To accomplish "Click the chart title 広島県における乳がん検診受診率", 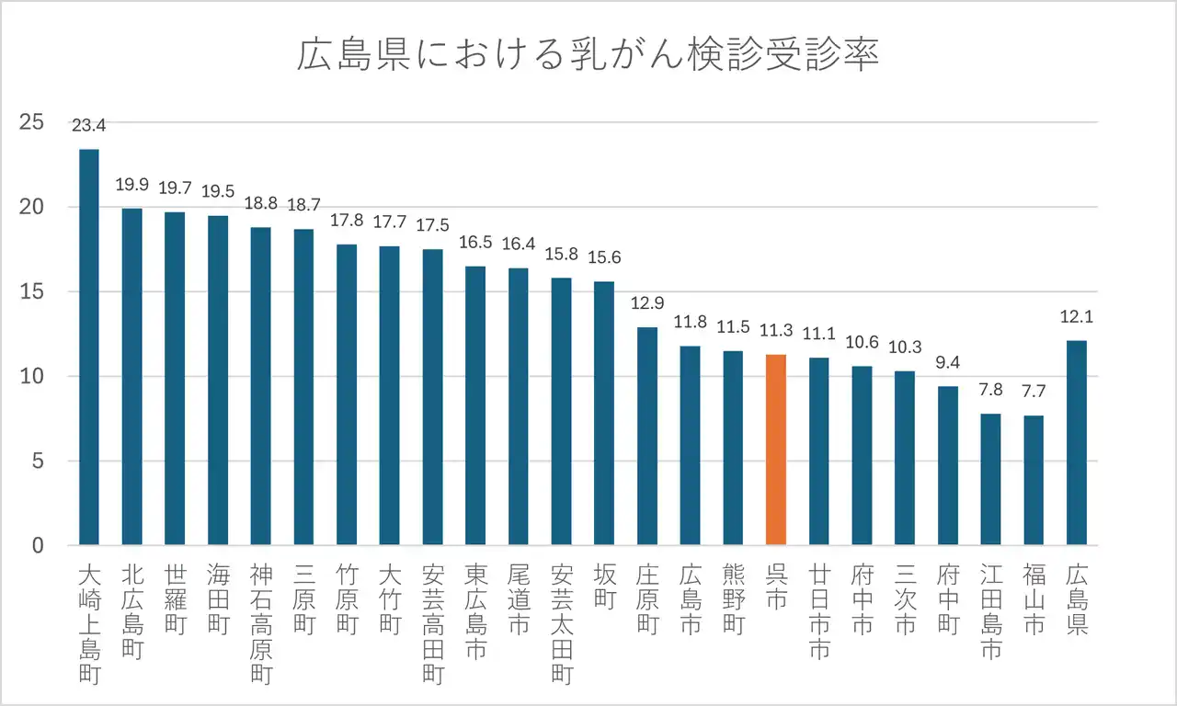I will [x=588, y=55].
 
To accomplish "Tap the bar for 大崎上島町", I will [x=89, y=349].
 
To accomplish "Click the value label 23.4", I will [x=89, y=125].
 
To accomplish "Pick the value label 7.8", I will [x=991, y=391].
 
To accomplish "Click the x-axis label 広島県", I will [x=1077, y=600].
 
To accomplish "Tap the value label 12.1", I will [x=1077, y=317].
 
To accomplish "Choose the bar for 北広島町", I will [x=132, y=377].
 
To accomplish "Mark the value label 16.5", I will [x=475, y=244].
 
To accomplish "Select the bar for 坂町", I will [x=604, y=414].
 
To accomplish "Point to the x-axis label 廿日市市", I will [x=819, y=612].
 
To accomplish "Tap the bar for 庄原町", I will [x=647, y=437].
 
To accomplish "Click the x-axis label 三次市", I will [x=905, y=600].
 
